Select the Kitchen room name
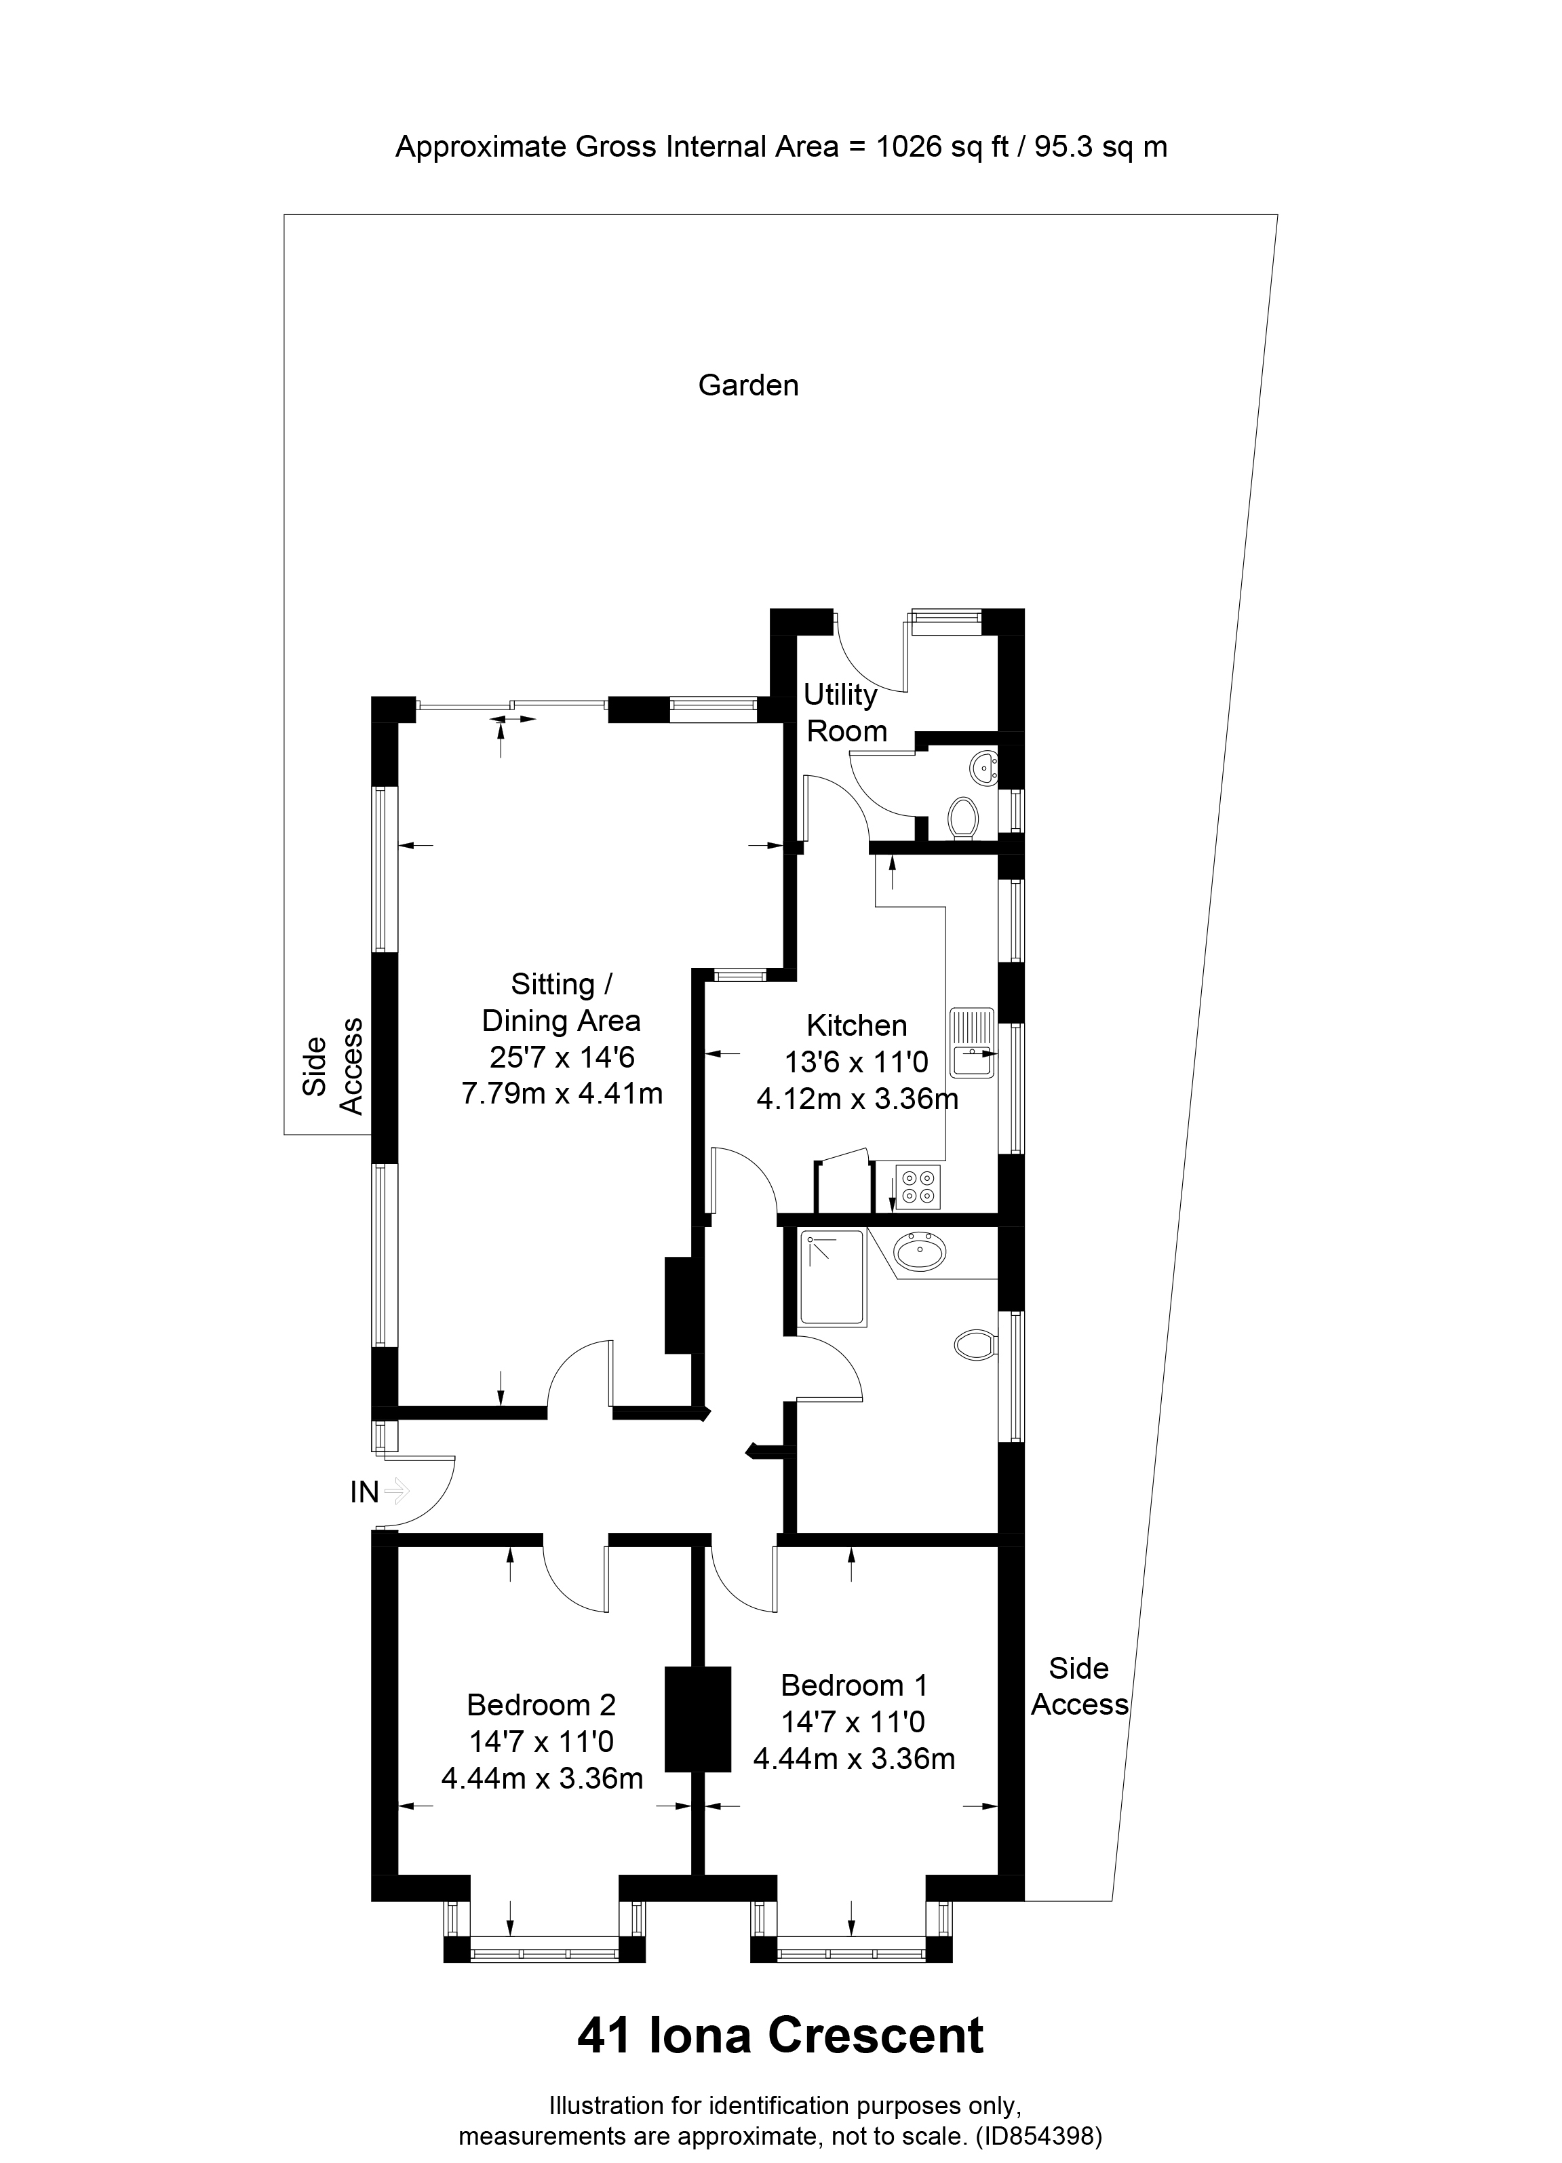tap(857, 1026)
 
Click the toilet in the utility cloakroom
tap(963, 817)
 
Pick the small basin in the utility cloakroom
tap(984, 766)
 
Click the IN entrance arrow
tap(395, 1489)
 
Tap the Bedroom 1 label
tap(853, 1685)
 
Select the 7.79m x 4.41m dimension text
tap(562, 1093)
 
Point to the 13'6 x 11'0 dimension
tap(855, 1061)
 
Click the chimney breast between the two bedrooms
tap(697, 1719)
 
